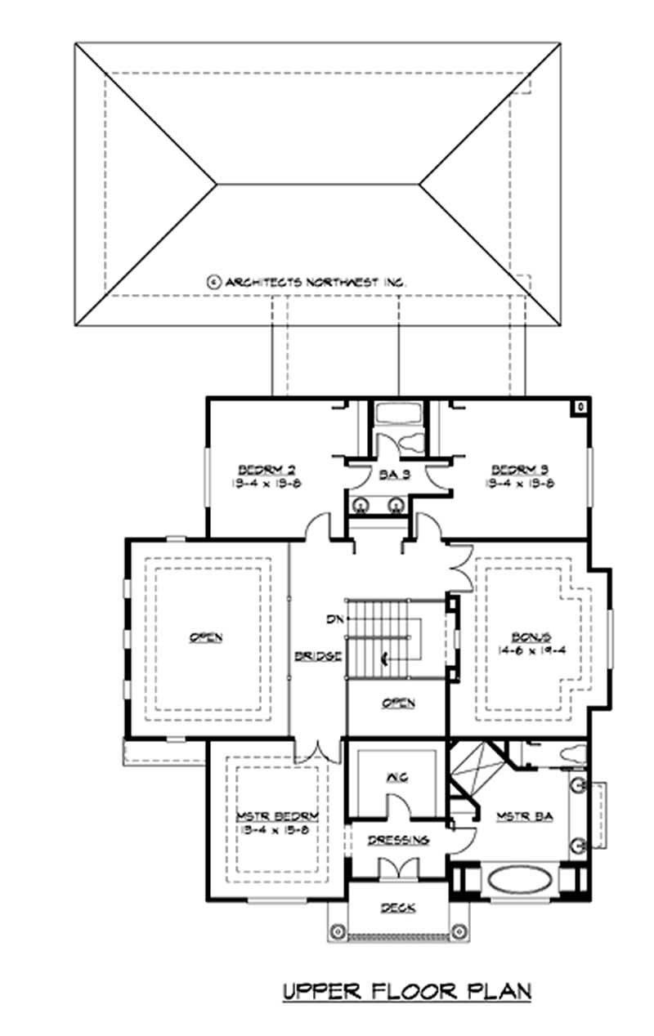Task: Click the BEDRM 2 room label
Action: [x=267, y=470]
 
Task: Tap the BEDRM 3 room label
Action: [x=519, y=470]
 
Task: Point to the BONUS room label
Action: [x=533, y=636]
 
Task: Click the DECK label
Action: [x=398, y=907]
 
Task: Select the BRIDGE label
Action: [x=318, y=656]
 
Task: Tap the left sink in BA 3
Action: [x=360, y=504]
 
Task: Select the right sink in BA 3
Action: [x=396, y=504]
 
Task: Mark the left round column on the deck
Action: [x=336, y=931]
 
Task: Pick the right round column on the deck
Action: [x=459, y=931]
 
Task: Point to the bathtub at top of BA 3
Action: [x=396, y=413]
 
